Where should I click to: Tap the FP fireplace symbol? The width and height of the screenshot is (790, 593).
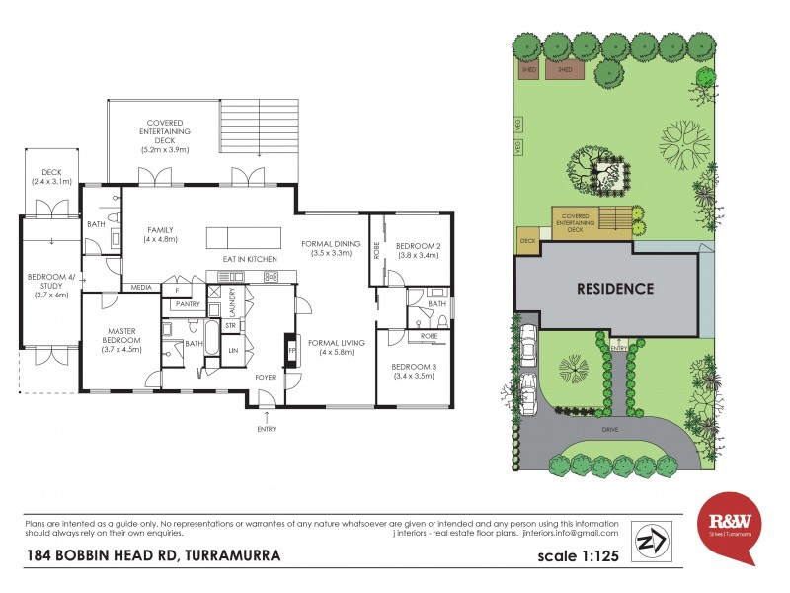point(291,351)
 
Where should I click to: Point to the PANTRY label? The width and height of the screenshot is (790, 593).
point(188,304)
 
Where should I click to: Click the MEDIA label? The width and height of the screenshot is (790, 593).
point(141,288)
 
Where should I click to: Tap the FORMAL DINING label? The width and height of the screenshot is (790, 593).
point(332,247)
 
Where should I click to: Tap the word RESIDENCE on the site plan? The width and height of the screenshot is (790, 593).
point(616,290)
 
